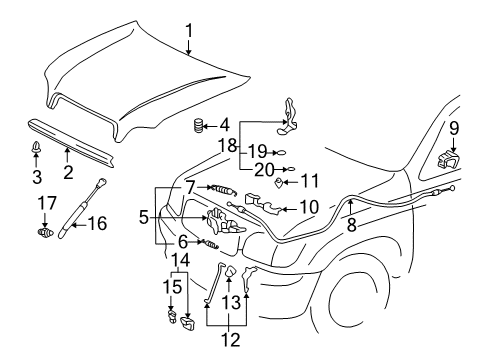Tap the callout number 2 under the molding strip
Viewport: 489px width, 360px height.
pyautogui.click(x=68, y=173)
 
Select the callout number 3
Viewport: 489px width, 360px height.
pyautogui.click(x=38, y=178)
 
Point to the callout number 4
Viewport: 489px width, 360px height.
pyautogui.click(x=224, y=126)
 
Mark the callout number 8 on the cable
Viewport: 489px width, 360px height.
pyautogui.click(x=351, y=226)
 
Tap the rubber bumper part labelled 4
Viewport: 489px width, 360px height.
pyautogui.click(x=198, y=127)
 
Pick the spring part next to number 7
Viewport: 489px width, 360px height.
pyautogui.click(x=219, y=189)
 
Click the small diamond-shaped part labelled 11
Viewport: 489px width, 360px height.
pyautogui.click(x=280, y=183)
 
